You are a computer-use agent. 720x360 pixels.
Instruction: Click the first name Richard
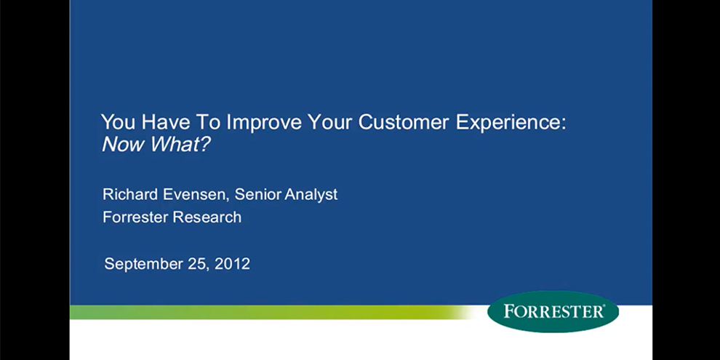130,193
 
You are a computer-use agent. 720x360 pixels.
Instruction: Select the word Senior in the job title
257,193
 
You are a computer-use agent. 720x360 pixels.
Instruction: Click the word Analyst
311,195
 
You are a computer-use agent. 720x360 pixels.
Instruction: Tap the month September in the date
144,264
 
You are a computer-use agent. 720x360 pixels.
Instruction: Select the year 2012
232,263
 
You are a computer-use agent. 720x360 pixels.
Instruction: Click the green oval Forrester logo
553,311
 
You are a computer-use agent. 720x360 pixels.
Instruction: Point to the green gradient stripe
271,312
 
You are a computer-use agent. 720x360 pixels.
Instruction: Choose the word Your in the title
330,122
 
